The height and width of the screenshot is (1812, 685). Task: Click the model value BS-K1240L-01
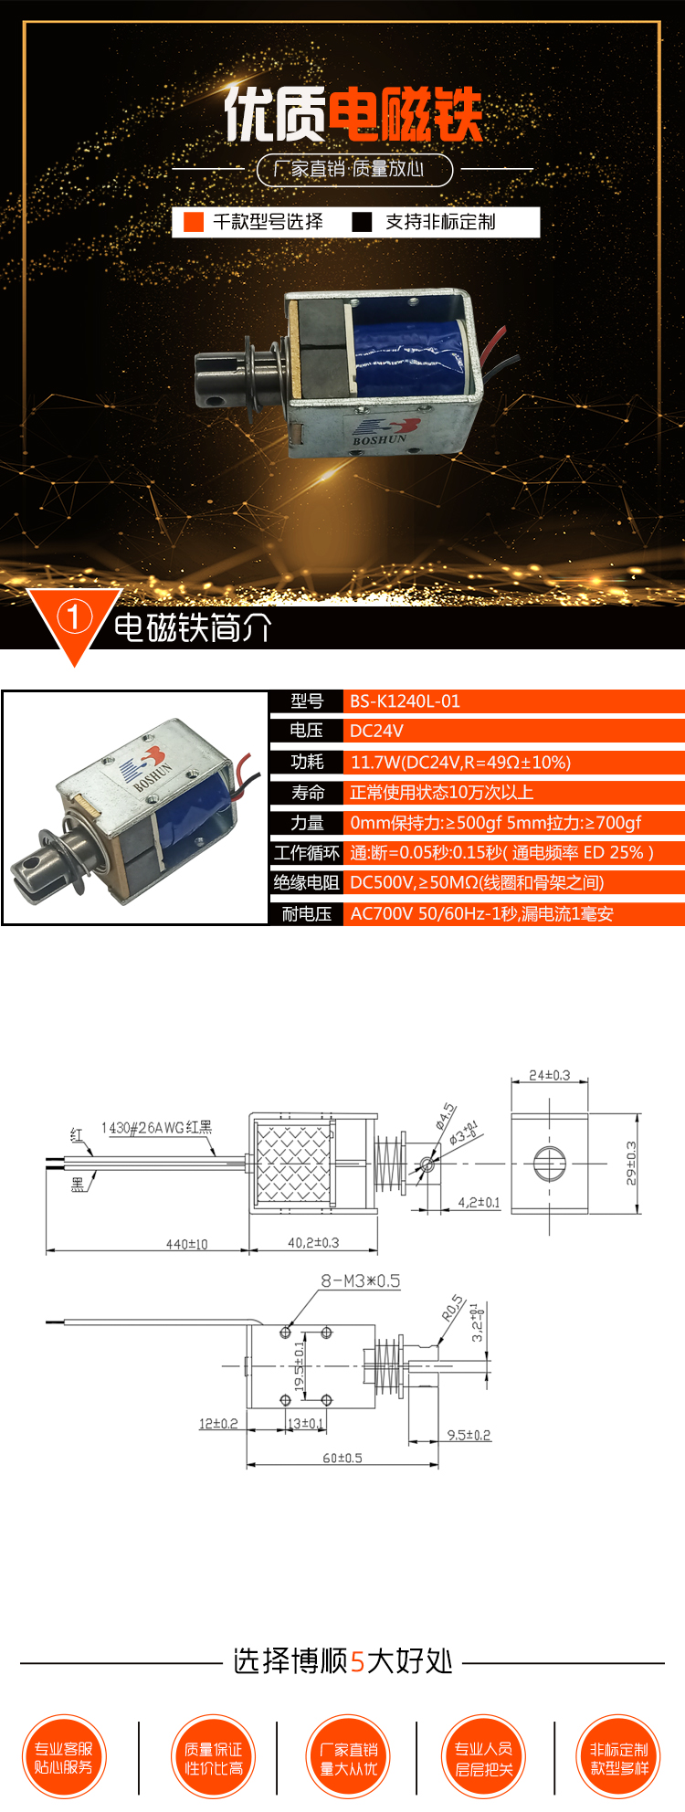tap(405, 701)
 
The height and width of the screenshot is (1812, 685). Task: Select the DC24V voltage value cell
tap(376, 731)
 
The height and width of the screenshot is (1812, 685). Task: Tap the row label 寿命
tap(308, 793)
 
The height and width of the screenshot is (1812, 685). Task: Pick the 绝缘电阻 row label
tap(307, 882)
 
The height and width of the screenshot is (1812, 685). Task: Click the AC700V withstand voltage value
tap(481, 914)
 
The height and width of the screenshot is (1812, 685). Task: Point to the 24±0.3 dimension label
tap(549, 1076)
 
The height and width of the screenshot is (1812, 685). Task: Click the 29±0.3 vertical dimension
tap(631, 1164)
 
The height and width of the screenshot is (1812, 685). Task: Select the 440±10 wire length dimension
tap(186, 1244)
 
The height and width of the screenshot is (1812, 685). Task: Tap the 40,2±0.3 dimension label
tap(313, 1243)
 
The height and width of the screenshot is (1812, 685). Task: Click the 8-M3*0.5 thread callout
tap(360, 1281)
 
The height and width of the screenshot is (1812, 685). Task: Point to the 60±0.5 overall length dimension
tap(342, 1458)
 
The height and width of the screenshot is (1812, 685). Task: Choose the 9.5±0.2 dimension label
tap(469, 1435)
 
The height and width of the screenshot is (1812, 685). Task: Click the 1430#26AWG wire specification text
tap(156, 1128)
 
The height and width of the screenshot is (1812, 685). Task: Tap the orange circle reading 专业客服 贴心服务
tap(64, 1757)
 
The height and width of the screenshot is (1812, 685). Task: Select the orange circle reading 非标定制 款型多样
tap(619, 1757)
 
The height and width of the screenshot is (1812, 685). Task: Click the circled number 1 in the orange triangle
tap(74, 618)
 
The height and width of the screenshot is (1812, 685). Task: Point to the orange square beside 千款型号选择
tap(194, 222)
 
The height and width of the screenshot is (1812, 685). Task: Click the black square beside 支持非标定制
tap(363, 222)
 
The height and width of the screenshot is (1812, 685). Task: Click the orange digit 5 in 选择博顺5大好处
tap(357, 1661)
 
